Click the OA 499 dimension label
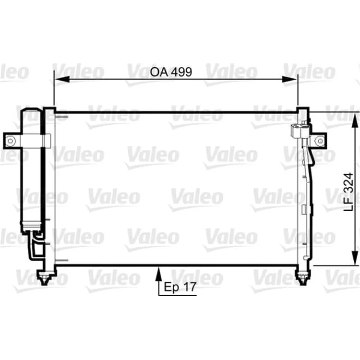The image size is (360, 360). [171, 72]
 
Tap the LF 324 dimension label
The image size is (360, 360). [348, 192]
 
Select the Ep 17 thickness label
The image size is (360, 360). [180, 287]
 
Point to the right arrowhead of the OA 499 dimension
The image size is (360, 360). [289, 79]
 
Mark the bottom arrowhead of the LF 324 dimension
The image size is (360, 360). [355, 258]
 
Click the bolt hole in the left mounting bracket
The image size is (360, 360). [10, 141]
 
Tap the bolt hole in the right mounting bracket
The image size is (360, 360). [320, 141]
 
